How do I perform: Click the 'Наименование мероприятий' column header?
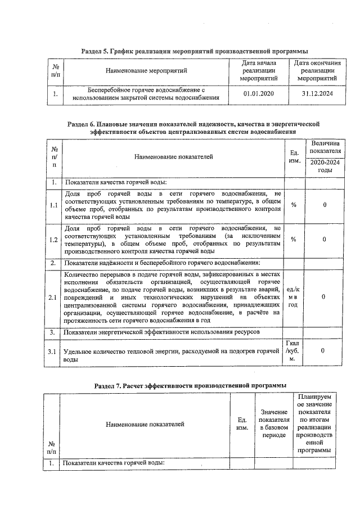[x=148, y=71]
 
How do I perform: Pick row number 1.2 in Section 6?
[x=53, y=240]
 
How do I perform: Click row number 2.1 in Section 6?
[x=53, y=296]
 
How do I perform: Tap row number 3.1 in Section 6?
[x=53, y=352]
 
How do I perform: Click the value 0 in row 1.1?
[x=324, y=205]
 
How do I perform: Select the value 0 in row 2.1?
[x=324, y=296]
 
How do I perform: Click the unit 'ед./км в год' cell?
[x=294, y=296]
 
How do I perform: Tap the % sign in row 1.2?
[x=294, y=240]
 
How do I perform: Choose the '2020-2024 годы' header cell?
[x=325, y=166]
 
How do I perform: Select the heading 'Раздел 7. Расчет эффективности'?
[x=190, y=385]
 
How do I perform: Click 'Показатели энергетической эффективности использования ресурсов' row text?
[x=161, y=332]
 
